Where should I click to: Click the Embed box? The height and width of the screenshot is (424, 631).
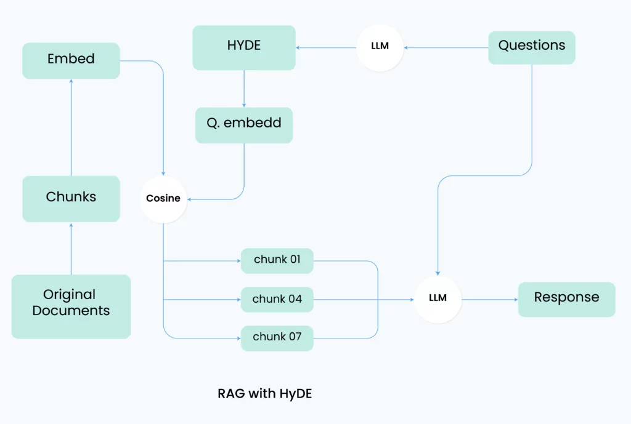click(x=71, y=61)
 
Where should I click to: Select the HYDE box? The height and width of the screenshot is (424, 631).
click(x=244, y=48)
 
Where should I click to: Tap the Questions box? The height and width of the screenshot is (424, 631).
click(x=532, y=47)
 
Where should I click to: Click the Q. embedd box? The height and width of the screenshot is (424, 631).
click(x=244, y=125)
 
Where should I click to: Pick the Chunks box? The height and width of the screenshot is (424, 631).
click(x=71, y=199)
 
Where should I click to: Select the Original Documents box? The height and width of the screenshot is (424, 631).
click(x=71, y=306)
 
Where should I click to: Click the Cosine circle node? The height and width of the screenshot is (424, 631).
click(x=163, y=199)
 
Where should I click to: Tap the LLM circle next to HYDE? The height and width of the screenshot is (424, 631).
click(x=380, y=48)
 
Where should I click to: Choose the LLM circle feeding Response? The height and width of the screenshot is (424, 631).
click(x=438, y=300)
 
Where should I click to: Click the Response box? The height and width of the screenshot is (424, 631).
click(x=567, y=300)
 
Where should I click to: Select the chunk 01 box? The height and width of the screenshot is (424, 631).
click(x=277, y=261)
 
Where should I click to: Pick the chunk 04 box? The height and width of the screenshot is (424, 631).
click(x=277, y=300)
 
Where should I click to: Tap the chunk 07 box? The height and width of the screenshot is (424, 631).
click(x=277, y=338)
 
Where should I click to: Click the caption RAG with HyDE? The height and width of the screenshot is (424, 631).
click(x=265, y=393)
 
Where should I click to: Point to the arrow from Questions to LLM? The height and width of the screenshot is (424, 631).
click(x=446, y=48)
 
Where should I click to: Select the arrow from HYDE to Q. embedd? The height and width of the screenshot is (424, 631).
click(x=244, y=89)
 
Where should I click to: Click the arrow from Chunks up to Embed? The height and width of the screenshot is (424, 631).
click(x=71, y=127)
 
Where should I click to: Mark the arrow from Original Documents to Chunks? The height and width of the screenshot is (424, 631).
click(x=71, y=249)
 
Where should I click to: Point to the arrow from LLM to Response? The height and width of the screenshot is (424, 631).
click(x=490, y=300)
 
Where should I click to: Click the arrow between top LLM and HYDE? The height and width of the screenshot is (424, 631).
click(x=326, y=48)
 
